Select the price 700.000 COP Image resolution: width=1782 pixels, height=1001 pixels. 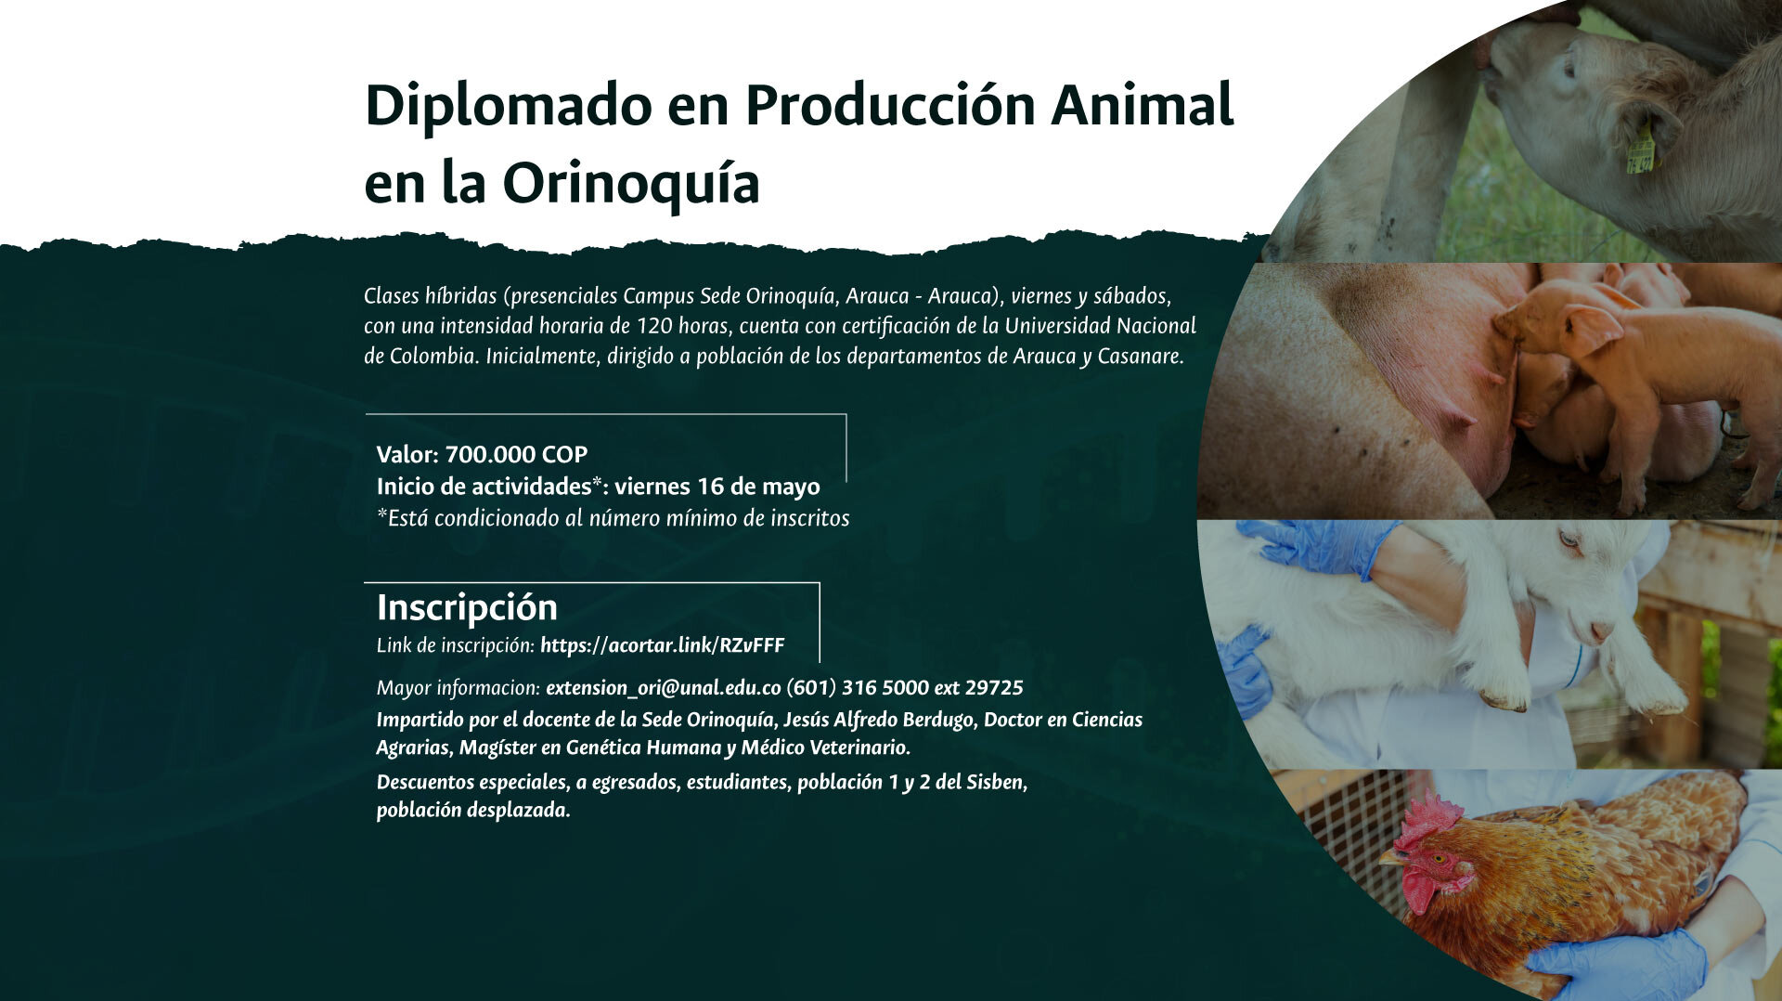[516, 454]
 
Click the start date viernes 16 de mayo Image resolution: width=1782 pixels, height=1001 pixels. [717, 487]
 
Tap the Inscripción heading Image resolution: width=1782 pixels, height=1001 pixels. [467, 607]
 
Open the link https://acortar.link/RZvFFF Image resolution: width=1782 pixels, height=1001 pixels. [662, 645]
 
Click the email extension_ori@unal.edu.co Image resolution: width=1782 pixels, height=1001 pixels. [664, 688]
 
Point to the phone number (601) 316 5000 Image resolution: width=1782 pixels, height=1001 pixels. [858, 688]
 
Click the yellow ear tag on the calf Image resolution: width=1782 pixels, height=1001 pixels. [1640, 150]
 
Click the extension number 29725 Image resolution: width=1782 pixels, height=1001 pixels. [994, 688]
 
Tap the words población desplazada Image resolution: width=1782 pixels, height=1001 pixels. [472, 811]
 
